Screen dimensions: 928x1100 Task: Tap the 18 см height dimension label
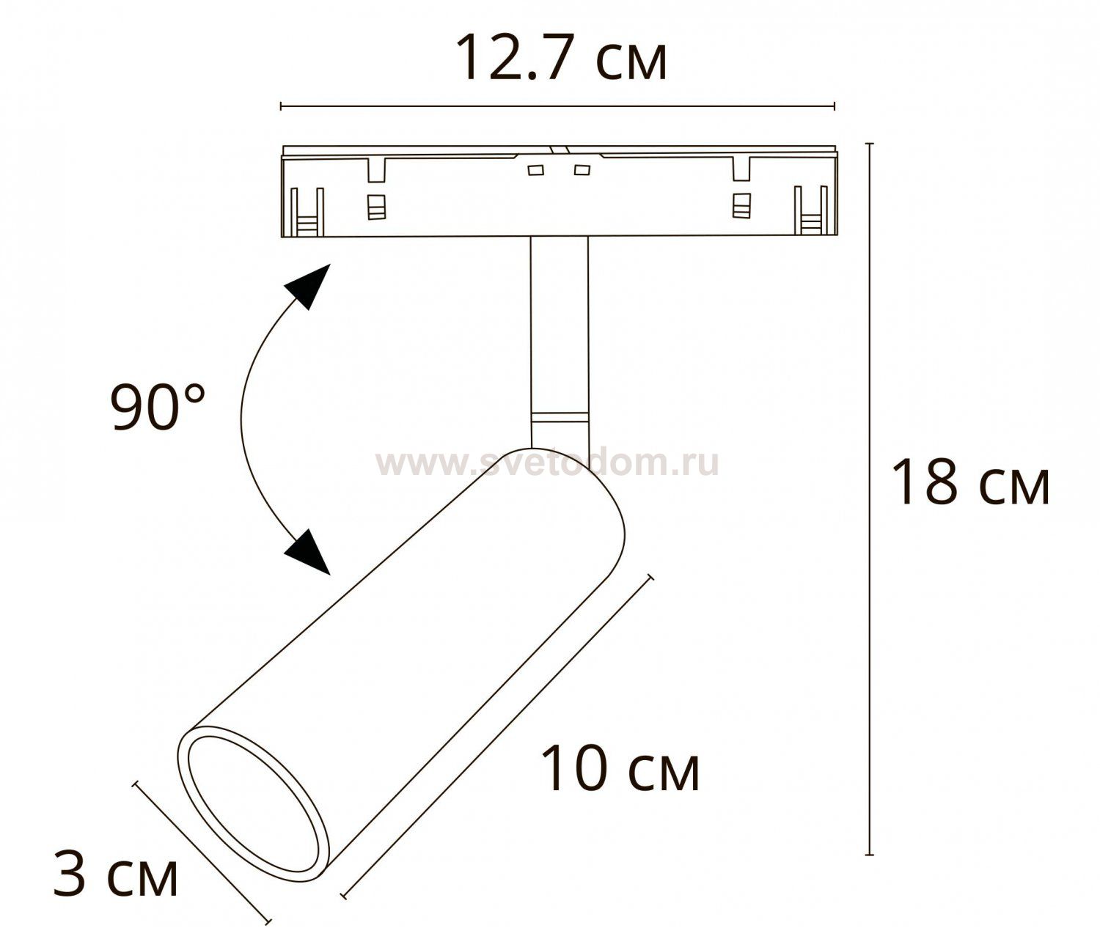(969, 482)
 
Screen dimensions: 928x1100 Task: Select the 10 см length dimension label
(620, 768)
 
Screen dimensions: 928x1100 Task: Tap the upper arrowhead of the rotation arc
(307, 287)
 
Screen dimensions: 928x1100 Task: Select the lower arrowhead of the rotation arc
(309, 550)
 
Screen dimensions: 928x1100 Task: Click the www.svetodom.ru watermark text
(547, 463)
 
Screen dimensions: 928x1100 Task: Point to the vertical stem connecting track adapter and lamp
(560, 330)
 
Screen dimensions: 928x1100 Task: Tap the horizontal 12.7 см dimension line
(557, 107)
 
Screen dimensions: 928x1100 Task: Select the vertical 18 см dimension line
(870, 498)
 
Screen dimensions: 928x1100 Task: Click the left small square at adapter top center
(535, 171)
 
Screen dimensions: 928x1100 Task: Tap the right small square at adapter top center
(582, 171)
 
